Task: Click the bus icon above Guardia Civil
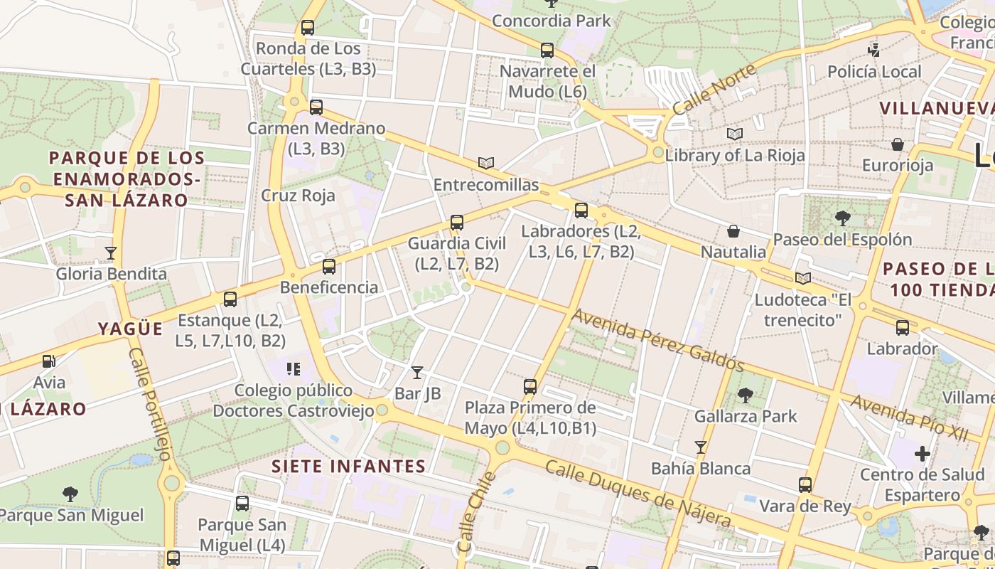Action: pos(457,223)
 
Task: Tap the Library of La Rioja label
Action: pos(735,155)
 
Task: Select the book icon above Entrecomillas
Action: pos(486,164)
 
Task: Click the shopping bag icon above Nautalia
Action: pos(733,231)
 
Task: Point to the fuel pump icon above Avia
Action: pos(48,361)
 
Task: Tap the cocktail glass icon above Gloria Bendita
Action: pos(111,252)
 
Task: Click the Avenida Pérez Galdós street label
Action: pos(658,340)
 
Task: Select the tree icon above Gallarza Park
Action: pos(746,395)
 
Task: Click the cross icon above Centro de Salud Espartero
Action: pos(922,454)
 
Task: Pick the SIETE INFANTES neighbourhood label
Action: pos(349,467)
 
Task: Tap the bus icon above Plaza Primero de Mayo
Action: pos(530,387)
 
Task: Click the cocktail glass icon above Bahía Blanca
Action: pos(701,447)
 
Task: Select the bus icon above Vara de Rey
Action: pos(805,485)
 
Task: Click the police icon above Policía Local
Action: pos(874,50)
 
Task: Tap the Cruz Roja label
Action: pos(298,196)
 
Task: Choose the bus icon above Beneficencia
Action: pos(328,267)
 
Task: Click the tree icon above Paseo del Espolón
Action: pos(843,218)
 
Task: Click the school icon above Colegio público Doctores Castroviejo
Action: pos(294,368)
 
